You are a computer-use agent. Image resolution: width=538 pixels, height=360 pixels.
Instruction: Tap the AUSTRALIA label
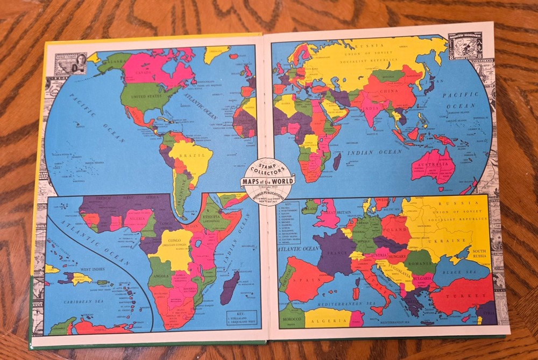click(430, 164)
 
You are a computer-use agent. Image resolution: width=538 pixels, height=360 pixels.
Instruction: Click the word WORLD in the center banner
click(280, 181)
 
